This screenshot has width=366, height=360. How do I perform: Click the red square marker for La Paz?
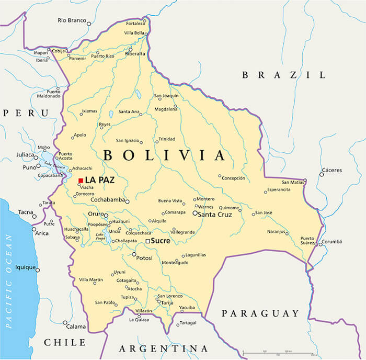pyautogui.click(x=81, y=181)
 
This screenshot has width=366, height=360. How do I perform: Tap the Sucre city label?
pyautogui.click(x=161, y=241)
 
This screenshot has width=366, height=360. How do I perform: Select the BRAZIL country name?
pyautogui.click(x=283, y=75)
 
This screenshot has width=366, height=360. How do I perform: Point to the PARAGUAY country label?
pyautogui.click(x=260, y=313)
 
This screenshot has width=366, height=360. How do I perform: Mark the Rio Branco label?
pyautogui.click(x=71, y=20)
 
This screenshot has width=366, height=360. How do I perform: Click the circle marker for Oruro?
pyautogui.click(x=106, y=215)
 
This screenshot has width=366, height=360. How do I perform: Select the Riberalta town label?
pyautogui.click(x=135, y=53)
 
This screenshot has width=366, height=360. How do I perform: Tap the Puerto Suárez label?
pyautogui.click(x=307, y=241)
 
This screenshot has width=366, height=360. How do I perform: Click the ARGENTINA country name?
pyautogui.click(x=163, y=348)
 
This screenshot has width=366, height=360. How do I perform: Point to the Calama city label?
pyautogui.click(x=76, y=327)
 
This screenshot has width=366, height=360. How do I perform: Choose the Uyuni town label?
pyautogui.click(x=119, y=272)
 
